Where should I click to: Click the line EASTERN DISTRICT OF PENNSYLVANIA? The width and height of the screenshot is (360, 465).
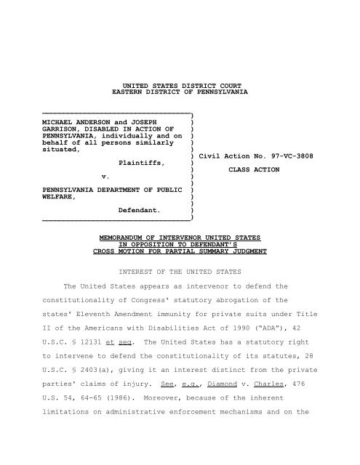pos(180,94)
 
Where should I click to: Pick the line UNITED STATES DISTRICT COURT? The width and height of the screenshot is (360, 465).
pos(180,85)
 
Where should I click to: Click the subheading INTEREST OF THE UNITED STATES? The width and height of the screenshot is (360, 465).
pos(180,276)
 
